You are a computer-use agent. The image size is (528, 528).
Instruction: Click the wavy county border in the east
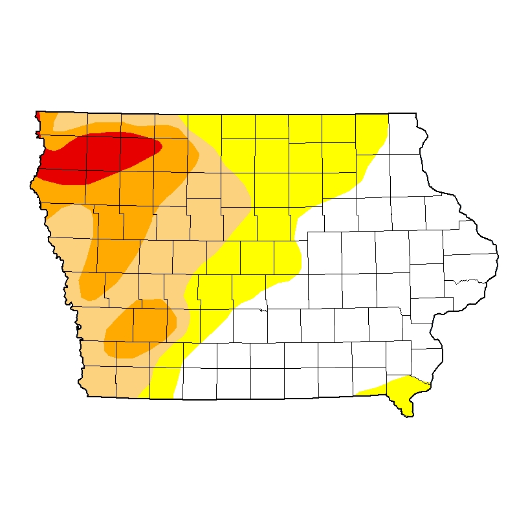(466, 281)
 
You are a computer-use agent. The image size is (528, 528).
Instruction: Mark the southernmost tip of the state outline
(408, 416)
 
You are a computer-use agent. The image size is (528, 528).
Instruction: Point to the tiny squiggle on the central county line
(262, 309)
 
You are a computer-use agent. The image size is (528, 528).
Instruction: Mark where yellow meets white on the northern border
(388, 115)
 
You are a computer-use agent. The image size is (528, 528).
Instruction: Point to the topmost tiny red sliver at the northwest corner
(38, 115)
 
